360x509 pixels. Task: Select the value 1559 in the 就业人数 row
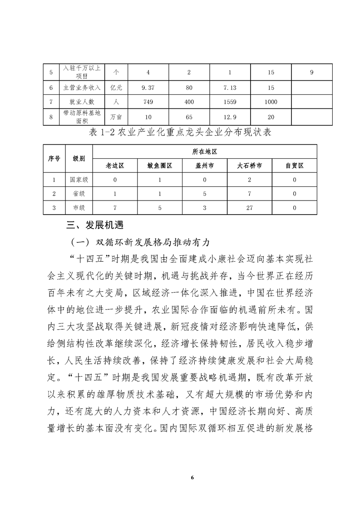click(x=230, y=103)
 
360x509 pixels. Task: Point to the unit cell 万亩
click(x=116, y=117)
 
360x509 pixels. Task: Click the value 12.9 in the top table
click(x=230, y=117)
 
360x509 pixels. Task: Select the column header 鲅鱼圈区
click(x=160, y=166)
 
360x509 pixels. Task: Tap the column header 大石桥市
click(x=249, y=166)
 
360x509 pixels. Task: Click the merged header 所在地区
click(x=204, y=152)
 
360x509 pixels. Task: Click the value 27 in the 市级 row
click(x=249, y=208)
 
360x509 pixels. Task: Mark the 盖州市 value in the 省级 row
click(x=204, y=194)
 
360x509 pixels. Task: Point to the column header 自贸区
click(x=294, y=166)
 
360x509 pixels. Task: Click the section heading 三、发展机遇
click(x=95, y=225)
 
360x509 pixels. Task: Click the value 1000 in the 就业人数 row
click(x=271, y=103)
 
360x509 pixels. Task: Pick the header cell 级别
click(x=79, y=159)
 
